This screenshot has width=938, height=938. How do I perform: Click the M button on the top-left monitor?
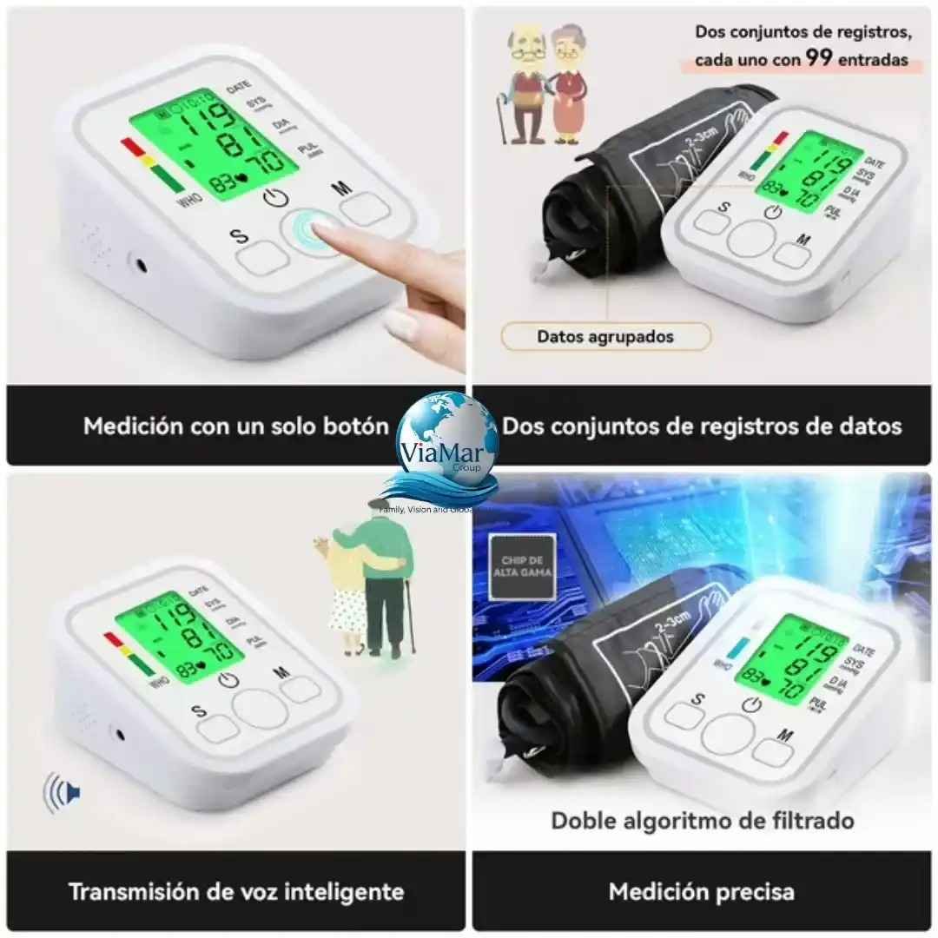point(365,208)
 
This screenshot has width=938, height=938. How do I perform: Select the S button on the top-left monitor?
point(261,255)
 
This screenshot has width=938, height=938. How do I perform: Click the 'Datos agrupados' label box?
point(605,336)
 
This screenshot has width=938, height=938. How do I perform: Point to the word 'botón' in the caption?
point(354,426)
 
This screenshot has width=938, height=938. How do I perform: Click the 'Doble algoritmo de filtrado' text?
point(703,820)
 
